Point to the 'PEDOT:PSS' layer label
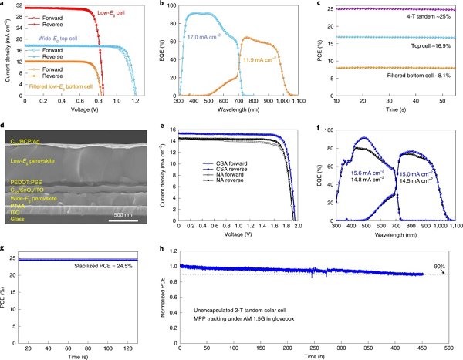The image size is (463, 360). coord(25,182)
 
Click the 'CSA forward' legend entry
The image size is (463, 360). coord(212,186)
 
